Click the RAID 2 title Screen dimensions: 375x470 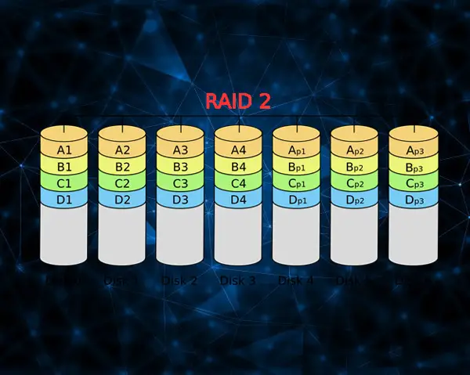[x=238, y=101]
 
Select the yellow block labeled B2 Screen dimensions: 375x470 [x=122, y=166]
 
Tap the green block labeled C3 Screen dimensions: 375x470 [x=180, y=184]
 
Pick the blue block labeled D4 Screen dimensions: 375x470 [x=238, y=200]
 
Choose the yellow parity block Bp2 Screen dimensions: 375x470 [x=354, y=167]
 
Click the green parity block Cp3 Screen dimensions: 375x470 [x=412, y=184]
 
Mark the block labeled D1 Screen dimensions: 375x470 [x=64, y=200]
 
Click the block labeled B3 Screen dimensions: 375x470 [x=180, y=166]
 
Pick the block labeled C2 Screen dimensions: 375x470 [x=122, y=184]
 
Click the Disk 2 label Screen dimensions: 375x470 [x=180, y=279]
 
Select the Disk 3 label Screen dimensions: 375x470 [x=238, y=279]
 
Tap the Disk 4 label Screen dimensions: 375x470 [x=296, y=279]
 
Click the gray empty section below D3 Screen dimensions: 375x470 [x=180, y=235]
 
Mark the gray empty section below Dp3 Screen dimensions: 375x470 [x=412, y=235]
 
